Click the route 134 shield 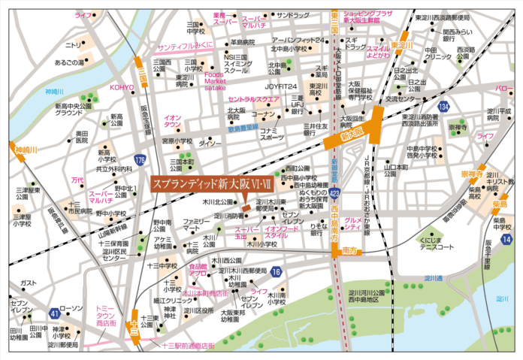tap(446, 107)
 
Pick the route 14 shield tap(507, 239)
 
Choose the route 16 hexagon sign tap(277, 271)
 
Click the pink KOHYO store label tap(122, 87)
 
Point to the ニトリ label tap(74, 45)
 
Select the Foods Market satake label tap(215, 80)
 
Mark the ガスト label tap(29, 283)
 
